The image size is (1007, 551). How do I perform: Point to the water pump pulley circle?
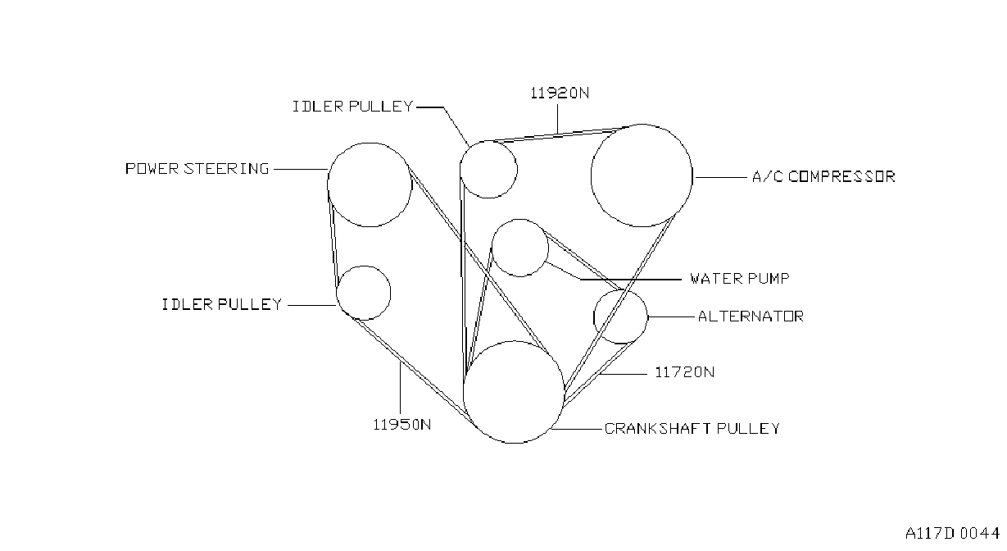point(548,248)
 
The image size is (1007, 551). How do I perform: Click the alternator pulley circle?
point(648,316)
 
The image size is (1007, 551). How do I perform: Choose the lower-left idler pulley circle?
point(391,293)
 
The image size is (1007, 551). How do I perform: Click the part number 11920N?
point(560,93)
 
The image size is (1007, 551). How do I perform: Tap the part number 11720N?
point(684,372)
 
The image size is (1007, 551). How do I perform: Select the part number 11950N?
point(402,425)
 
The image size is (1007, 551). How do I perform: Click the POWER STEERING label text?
point(197,169)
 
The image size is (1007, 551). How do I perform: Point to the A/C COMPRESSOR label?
point(823,177)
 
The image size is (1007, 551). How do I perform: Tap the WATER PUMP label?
point(740,279)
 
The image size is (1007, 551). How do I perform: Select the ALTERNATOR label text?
point(751,316)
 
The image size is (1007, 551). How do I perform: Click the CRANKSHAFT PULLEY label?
point(692,429)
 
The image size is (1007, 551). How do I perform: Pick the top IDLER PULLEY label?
point(352,107)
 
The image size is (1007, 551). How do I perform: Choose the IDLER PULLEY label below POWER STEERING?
point(221,304)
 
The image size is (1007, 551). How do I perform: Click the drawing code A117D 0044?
point(953,534)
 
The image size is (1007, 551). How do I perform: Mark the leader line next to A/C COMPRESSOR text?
point(721,178)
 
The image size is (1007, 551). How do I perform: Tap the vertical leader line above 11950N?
point(400,389)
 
